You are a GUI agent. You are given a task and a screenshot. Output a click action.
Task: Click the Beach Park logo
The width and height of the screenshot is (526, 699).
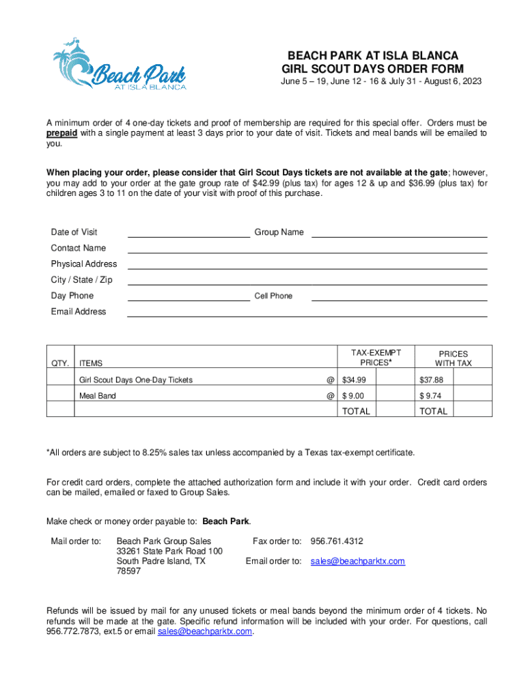(119, 65)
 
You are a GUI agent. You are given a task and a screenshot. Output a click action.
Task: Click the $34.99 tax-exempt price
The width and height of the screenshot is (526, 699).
(355, 380)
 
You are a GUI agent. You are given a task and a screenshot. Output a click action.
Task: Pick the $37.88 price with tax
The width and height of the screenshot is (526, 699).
(431, 380)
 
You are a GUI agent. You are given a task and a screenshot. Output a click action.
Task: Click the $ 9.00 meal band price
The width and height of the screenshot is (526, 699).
(353, 396)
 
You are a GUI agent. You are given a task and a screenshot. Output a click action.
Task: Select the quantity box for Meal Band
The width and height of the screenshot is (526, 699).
(60, 396)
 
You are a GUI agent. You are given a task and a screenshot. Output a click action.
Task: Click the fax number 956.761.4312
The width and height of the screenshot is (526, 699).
(337, 541)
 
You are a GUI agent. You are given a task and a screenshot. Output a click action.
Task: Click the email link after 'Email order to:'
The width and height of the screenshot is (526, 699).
(357, 561)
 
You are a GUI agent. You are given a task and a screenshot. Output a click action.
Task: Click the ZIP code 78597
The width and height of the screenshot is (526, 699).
(128, 571)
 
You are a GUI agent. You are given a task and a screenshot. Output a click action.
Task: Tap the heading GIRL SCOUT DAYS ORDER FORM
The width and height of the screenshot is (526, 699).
(373, 69)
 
